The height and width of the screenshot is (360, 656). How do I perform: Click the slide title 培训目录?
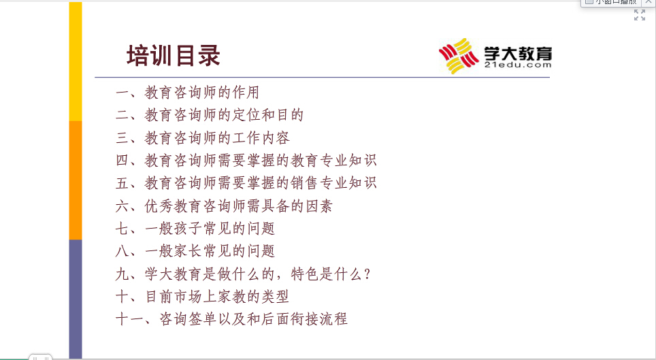(174, 56)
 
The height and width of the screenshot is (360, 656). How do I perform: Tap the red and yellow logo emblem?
(459, 56)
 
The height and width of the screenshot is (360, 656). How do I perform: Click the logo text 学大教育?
(518, 54)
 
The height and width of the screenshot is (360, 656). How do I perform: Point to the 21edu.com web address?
(518, 65)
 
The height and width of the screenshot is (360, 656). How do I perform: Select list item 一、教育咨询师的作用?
(187, 92)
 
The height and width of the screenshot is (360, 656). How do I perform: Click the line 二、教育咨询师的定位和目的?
(210, 115)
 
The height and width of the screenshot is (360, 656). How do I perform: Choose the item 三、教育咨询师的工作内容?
(203, 137)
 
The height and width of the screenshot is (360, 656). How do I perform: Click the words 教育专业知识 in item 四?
(334, 160)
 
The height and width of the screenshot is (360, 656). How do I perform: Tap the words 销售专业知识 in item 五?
(334, 182)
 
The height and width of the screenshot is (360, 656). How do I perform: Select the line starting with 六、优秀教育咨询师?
(225, 206)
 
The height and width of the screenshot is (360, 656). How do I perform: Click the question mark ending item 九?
(367, 274)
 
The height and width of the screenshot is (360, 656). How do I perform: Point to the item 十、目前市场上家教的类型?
(203, 297)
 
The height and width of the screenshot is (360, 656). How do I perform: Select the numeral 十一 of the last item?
(130, 319)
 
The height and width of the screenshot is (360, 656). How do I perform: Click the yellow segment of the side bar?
(76, 61)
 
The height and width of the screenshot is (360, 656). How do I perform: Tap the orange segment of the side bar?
(76, 180)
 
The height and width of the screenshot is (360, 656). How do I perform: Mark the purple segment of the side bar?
(76, 299)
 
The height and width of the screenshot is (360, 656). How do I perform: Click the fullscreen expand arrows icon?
(640, 15)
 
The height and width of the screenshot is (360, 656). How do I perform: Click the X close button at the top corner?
(649, 2)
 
